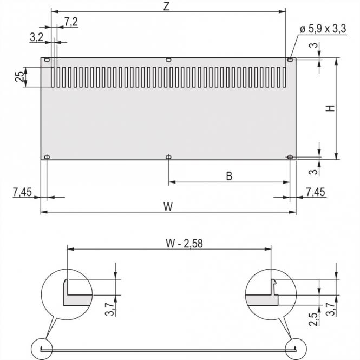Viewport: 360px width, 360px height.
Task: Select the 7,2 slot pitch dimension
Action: click(71, 22)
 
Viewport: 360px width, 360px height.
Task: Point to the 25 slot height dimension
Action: click(19, 77)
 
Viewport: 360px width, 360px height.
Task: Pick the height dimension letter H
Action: click(330, 108)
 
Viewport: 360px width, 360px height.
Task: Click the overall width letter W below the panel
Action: click(168, 206)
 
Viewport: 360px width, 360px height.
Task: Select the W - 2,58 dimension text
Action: click(168, 242)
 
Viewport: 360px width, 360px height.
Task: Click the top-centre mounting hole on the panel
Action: click(168, 59)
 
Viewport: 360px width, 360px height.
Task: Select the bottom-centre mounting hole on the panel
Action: click(169, 157)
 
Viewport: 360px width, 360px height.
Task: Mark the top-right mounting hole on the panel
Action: click(290, 59)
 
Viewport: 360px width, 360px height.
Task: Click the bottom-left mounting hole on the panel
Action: click(47, 157)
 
